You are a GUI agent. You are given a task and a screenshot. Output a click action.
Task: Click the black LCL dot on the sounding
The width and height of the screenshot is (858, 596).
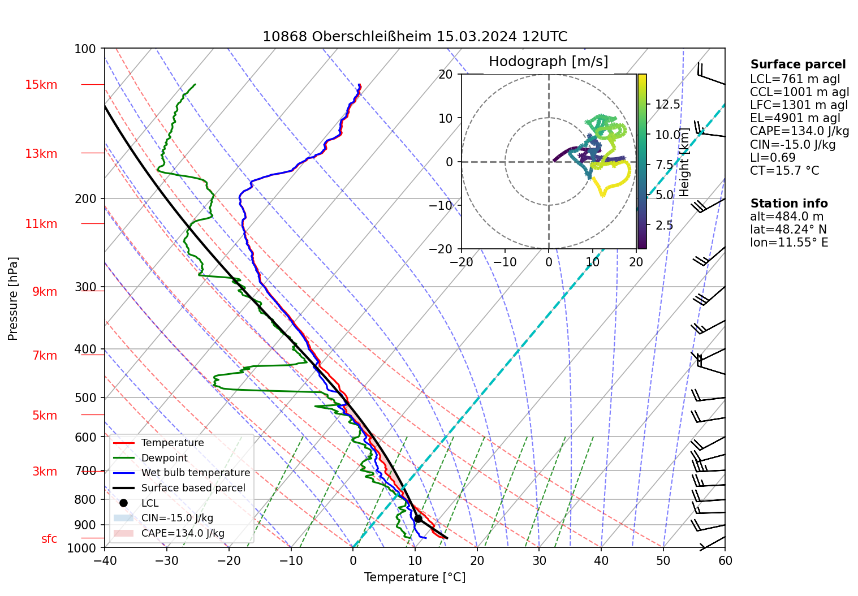[x=418, y=519]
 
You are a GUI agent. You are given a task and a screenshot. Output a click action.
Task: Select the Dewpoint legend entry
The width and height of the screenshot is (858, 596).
[x=164, y=458]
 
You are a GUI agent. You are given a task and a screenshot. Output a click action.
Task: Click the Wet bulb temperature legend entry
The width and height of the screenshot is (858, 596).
[x=195, y=473]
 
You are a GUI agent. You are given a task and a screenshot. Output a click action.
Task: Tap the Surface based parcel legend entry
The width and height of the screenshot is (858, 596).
[x=193, y=488]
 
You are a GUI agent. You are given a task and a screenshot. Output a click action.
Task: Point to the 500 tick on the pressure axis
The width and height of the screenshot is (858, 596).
[x=85, y=398]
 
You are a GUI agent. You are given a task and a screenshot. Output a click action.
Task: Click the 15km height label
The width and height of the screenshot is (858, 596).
[x=41, y=85]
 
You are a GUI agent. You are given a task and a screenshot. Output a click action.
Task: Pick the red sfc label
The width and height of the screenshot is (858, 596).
[x=49, y=539]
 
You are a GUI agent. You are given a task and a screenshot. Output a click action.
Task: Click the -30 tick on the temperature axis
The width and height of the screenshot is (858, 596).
[x=167, y=561]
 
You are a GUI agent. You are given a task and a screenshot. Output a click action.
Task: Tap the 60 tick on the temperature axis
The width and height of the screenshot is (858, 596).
[x=725, y=561]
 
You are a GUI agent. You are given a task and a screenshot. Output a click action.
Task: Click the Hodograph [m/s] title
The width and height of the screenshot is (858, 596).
[x=548, y=62]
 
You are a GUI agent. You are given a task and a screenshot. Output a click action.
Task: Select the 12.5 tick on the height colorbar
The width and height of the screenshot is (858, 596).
[x=667, y=105]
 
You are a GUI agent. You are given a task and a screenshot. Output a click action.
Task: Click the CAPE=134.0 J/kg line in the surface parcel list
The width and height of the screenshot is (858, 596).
[x=799, y=132]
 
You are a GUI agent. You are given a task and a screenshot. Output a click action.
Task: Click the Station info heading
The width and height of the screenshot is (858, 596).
[x=789, y=204]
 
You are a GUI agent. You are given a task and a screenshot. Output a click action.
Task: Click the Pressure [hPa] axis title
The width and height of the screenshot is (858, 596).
[x=14, y=299]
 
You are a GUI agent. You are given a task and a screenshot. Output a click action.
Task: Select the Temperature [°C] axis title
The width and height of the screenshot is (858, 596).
[x=415, y=577]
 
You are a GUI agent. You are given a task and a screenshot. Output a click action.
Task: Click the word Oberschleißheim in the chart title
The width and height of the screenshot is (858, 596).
[x=372, y=37]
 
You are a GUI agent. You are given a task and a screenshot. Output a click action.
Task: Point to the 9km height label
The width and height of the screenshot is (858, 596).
[x=44, y=292]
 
